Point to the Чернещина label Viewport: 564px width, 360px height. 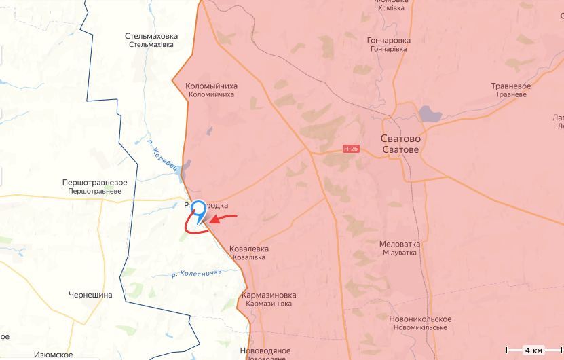pos(90,295)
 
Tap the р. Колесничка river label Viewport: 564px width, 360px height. pos(198,273)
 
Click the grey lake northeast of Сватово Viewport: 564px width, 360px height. pos(430,113)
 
